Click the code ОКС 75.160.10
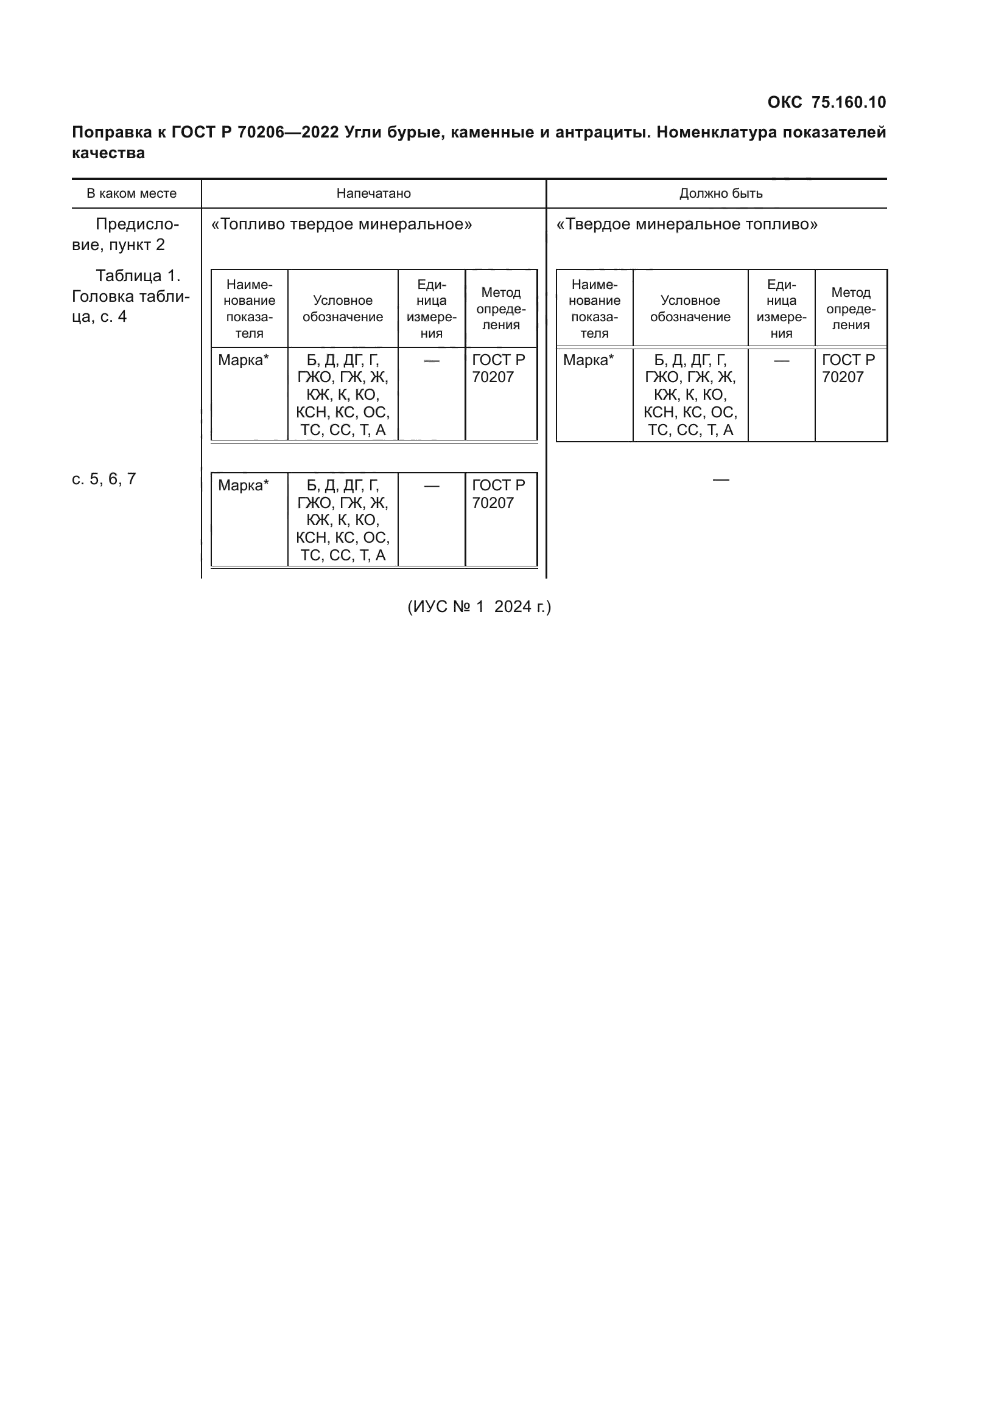pos(827,102)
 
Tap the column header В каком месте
pos(132,193)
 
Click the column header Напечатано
pos(374,193)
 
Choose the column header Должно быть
pos(720,193)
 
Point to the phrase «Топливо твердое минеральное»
pos(342,224)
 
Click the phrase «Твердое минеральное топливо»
pos(687,224)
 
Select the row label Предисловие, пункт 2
pos(126,234)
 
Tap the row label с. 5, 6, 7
pos(104,479)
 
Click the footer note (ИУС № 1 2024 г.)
pos(479,606)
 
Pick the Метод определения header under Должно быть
pos(851,308)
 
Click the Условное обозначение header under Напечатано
pos(343,308)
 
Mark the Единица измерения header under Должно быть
pos(781,308)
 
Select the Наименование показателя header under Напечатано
pos(249,308)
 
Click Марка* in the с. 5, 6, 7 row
pos(244,485)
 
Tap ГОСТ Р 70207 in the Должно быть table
pos(848,368)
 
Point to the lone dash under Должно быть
pos(720,479)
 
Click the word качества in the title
pos(108,153)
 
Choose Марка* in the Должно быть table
pos(589,360)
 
